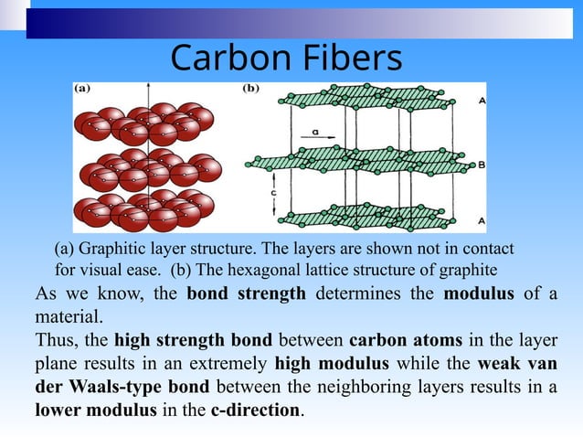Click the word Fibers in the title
pos(348,59)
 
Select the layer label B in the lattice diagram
pos(482,165)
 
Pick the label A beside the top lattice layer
pos(482,101)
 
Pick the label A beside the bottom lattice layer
pos(482,221)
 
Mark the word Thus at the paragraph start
pos(57,340)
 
